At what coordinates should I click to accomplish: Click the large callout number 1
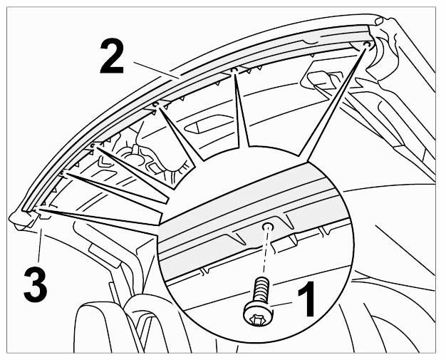pyautogui.click(x=307, y=299)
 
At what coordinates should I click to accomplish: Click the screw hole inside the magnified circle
pyautogui.click(x=268, y=227)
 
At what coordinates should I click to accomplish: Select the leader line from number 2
pyautogui.click(x=157, y=70)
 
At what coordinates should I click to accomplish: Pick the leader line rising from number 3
pyautogui.click(x=39, y=243)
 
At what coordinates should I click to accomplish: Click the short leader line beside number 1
pyautogui.click(x=281, y=304)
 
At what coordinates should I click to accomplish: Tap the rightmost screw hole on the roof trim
pyautogui.click(x=367, y=45)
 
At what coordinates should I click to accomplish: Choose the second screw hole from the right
pyautogui.click(x=234, y=70)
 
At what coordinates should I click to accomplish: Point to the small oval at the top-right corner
pyautogui.click(x=379, y=21)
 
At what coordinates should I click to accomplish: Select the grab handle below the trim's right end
pyautogui.click(x=322, y=81)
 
